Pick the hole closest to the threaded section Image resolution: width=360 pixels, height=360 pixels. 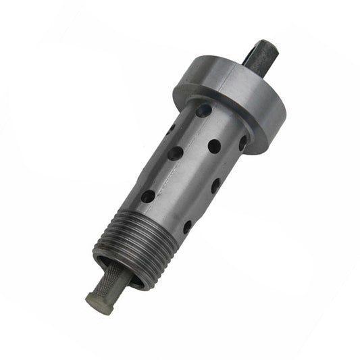pos(186,227)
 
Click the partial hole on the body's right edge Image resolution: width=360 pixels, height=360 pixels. pos(242,143)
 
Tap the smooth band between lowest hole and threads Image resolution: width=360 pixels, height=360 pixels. pos(159,216)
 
